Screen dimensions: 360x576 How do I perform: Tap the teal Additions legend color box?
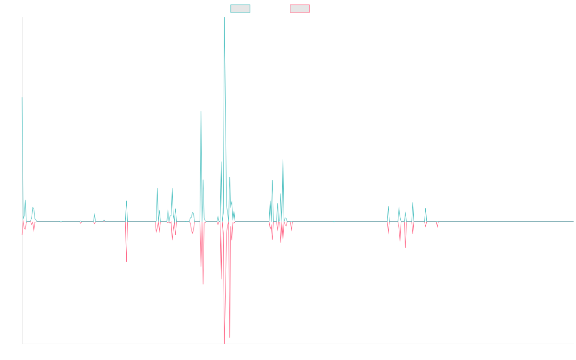(x=240, y=9)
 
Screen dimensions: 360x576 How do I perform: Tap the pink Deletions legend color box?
(x=300, y=9)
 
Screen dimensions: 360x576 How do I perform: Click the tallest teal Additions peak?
(x=224, y=18)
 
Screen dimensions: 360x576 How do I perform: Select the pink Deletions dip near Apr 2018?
(x=126, y=261)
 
